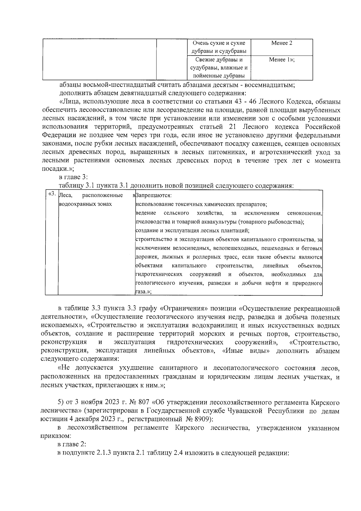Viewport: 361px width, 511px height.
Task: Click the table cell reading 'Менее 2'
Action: point(282,43)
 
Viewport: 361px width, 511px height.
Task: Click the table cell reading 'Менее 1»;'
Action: point(282,60)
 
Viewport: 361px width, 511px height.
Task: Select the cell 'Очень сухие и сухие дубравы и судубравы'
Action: point(219,47)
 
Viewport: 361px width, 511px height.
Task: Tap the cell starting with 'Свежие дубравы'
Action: point(219,67)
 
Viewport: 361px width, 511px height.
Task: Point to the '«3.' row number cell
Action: point(51,194)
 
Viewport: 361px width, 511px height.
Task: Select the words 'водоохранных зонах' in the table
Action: point(85,204)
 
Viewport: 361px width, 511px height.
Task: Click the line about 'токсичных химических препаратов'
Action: point(201,205)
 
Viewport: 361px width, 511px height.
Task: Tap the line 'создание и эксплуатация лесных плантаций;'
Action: point(193,231)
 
